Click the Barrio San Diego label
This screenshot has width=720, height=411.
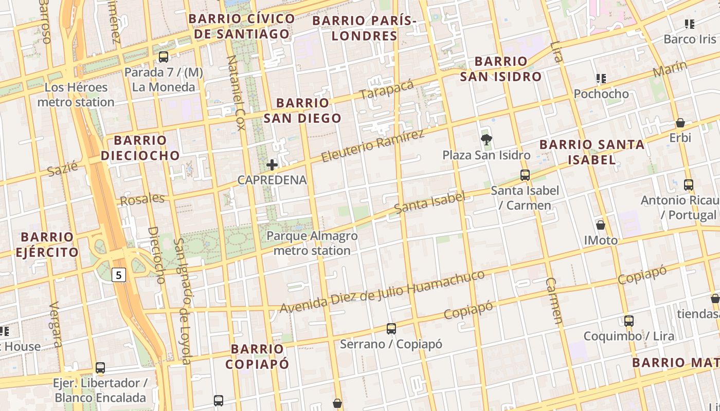click(x=302, y=110)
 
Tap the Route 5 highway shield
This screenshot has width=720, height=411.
click(x=119, y=275)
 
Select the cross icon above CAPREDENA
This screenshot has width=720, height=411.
click(x=272, y=165)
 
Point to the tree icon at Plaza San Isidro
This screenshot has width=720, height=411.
click(x=485, y=139)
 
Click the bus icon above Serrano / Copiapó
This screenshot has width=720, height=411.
click(x=391, y=328)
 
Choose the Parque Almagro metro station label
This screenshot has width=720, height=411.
click(x=312, y=244)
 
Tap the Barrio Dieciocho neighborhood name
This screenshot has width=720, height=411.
click(x=140, y=148)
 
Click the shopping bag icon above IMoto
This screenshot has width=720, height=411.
click(x=600, y=225)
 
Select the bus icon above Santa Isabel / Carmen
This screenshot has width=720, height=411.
click(x=525, y=175)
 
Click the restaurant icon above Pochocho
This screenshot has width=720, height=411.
click(x=601, y=79)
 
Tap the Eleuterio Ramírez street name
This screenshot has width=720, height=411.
click(x=373, y=145)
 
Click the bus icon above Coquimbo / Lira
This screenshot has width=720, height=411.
click(x=628, y=321)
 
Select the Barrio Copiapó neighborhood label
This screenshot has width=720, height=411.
click(x=257, y=357)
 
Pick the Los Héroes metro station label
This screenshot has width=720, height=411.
click(x=76, y=95)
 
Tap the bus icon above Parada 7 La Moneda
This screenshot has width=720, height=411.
click(x=164, y=57)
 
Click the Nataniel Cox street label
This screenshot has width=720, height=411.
click(x=236, y=92)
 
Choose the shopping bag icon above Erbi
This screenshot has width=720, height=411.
click(x=680, y=123)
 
